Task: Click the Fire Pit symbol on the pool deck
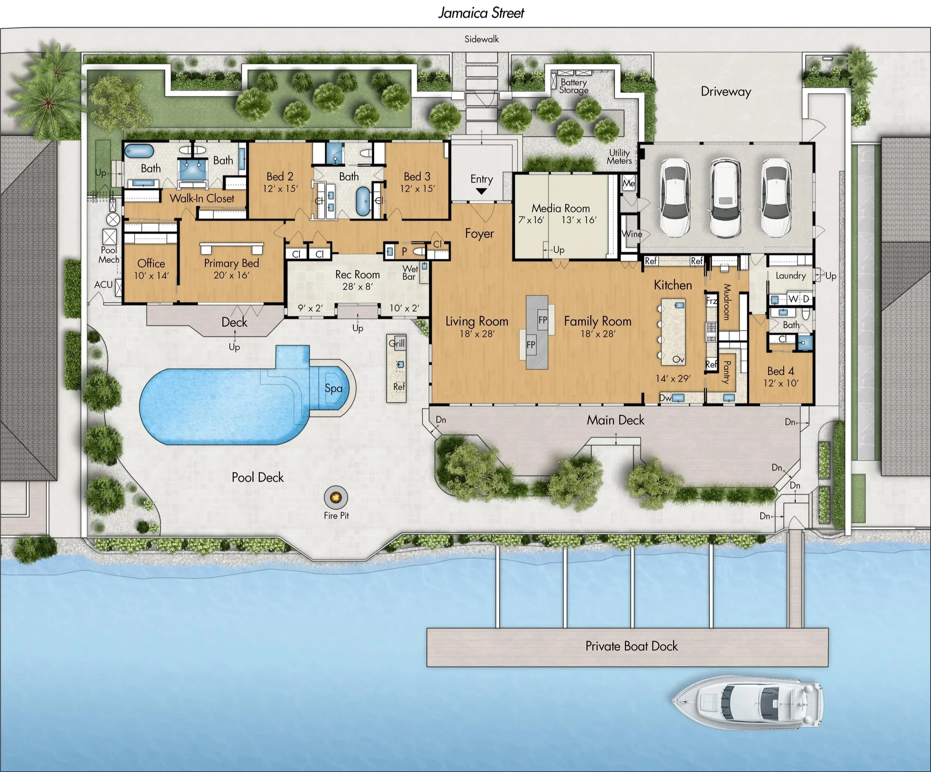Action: coord(336,498)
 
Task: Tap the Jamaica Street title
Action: coord(481,13)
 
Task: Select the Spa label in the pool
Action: coord(333,388)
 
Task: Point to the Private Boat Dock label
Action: coord(631,646)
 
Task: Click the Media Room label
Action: coord(561,208)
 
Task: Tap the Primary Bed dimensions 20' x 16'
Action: coord(231,275)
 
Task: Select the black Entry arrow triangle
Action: coord(482,191)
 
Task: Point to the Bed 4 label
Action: coord(781,371)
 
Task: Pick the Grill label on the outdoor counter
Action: coord(397,343)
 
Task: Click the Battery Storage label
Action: coord(573,86)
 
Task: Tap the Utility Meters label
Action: coord(619,157)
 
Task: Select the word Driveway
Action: coord(726,92)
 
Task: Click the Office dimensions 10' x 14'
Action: coord(151,276)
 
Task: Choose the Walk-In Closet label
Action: coord(202,198)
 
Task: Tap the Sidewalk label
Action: coord(482,39)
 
